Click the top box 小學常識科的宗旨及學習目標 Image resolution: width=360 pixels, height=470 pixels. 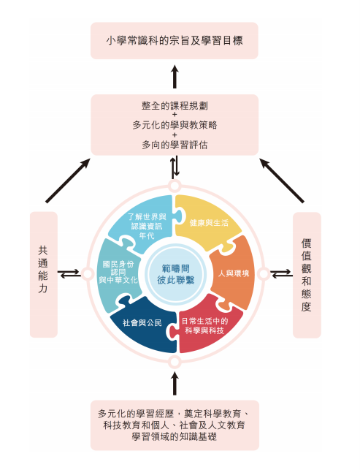(x=175, y=40)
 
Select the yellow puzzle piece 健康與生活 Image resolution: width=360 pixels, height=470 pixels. (x=207, y=221)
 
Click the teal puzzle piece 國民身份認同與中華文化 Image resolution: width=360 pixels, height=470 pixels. (x=118, y=273)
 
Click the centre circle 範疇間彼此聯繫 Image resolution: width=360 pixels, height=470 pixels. (x=175, y=274)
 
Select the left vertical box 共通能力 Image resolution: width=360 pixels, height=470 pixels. (x=43, y=275)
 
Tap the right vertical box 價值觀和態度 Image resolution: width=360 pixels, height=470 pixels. (x=307, y=275)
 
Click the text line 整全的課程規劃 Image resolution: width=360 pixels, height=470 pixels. (x=175, y=105)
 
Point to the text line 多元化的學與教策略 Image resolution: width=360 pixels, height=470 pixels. (x=175, y=125)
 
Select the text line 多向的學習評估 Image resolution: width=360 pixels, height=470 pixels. (x=175, y=145)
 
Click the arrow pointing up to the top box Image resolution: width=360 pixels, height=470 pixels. (x=175, y=77)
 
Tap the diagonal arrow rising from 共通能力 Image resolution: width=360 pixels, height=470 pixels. (x=68, y=181)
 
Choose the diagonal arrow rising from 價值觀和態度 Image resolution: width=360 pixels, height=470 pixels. (x=282, y=181)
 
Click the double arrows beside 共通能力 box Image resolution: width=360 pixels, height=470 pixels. (x=69, y=273)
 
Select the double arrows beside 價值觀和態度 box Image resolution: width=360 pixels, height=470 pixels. (x=282, y=273)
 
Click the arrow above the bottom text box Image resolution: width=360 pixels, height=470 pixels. (x=175, y=383)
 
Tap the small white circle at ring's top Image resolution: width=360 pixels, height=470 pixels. (x=175, y=186)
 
